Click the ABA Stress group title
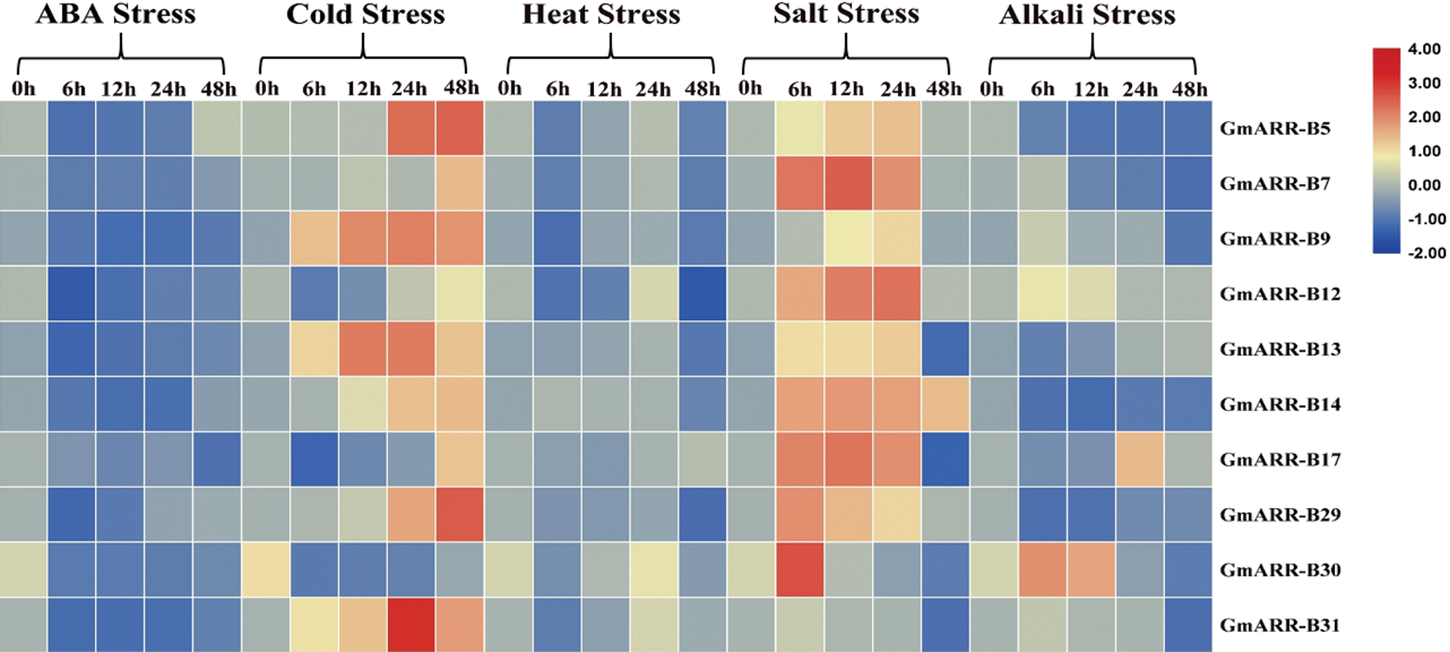point(116,15)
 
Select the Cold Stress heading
point(365,15)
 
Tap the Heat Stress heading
point(601,15)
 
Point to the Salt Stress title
point(846,15)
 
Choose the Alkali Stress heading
point(1087,15)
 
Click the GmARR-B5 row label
point(1275,128)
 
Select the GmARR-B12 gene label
point(1280,294)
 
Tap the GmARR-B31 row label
point(1280,625)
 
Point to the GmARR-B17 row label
point(1280,460)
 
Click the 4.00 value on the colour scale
point(1424,49)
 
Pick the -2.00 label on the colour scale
point(1426,253)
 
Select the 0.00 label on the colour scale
point(1424,185)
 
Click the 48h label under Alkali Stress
point(1189,90)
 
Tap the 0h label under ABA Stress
point(24,90)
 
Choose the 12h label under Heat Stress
point(604,90)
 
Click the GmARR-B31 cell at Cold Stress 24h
point(412,625)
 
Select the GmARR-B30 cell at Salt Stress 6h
point(800,570)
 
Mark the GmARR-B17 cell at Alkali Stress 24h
point(1140,460)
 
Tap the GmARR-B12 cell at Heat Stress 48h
point(702,294)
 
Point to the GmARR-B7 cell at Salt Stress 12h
point(848,184)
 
